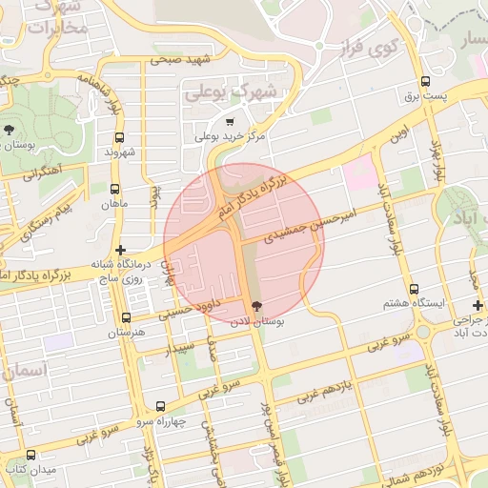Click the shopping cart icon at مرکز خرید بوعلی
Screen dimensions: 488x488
(x=229, y=122)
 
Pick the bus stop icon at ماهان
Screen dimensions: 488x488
(x=115, y=189)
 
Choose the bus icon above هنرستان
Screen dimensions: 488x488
(x=126, y=317)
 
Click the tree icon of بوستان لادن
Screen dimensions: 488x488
(x=255, y=306)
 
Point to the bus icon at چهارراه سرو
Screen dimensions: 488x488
(x=159, y=406)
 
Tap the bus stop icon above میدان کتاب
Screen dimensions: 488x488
(x=30, y=455)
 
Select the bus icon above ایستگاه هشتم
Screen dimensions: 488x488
(x=414, y=289)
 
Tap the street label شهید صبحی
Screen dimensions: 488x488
(x=177, y=59)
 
